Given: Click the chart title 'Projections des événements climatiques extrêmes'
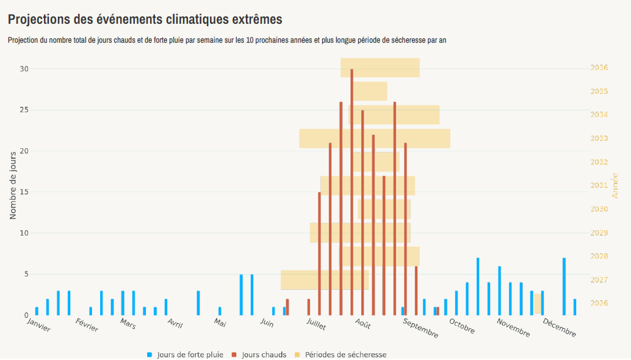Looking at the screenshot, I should pyautogui.click(x=145, y=19).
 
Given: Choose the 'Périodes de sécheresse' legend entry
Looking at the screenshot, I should pyautogui.click(x=345, y=355).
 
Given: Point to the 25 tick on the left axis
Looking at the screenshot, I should pyautogui.click(x=24, y=110).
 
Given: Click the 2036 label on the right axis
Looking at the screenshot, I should pyautogui.click(x=599, y=68).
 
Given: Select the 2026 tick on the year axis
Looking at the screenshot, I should pyautogui.click(x=599, y=303).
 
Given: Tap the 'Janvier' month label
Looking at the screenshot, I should pyautogui.click(x=38, y=325).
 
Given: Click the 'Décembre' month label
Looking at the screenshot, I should pyautogui.click(x=559, y=328).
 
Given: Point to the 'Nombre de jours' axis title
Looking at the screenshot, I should pyautogui.click(x=13, y=186).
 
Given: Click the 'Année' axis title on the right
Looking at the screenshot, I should pyautogui.click(x=615, y=185).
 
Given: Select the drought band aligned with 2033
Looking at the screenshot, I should pyautogui.click(x=375, y=139).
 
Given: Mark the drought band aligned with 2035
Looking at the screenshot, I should pyautogui.click(x=370, y=92).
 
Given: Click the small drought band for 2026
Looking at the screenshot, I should pyautogui.click(x=538, y=303).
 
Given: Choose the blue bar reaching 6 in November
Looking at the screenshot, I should pyautogui.click(x=499, y=291).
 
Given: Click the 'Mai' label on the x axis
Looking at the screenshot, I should pyautogui.click(x=220, y=322).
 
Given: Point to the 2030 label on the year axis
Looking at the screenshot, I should pyautogui.click(x=599, y=209).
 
